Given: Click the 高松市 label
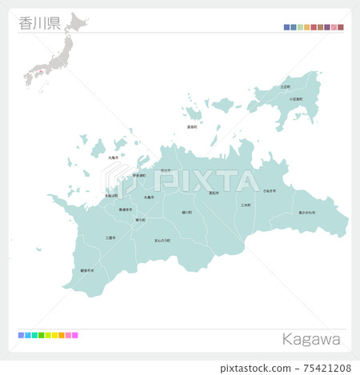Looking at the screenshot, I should pyautogui.click(x=214, y=193).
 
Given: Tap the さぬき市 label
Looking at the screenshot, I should pyautogui.click(x=269, y=191).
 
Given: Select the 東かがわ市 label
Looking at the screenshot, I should pyautogui.click(x=306, y=213).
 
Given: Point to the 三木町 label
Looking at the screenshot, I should pyautogui.click(x=246, y=205).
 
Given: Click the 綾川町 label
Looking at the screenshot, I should pyautogui.click(x=186, y=213).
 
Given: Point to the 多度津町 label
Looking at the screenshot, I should pyautogui.click(x=111, y=195).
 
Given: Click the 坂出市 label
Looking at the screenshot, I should pyautogui.click(x=165, y=170).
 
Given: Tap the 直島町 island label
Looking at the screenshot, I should pyautogui.click(x=192, y=127).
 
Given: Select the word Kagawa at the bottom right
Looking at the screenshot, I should pyautogui.click(x=311, y=340).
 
